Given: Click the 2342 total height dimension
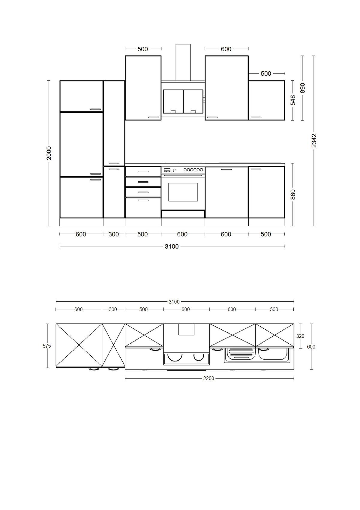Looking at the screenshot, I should point(314,140).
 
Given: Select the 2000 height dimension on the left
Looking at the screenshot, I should point(49,153).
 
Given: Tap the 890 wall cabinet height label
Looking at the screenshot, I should point(302,88).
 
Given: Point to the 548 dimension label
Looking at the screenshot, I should point(293,100).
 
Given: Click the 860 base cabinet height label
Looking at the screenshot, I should point(293,194).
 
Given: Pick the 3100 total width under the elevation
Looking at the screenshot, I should point(172,246).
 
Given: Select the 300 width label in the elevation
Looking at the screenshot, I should point(113,234).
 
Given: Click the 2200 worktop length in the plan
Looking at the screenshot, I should point(208,379).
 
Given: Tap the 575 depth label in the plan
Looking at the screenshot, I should point(47,346).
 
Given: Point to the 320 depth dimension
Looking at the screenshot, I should point(300,336).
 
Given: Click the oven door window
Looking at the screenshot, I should point(183,192).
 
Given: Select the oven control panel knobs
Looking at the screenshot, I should point(193,170).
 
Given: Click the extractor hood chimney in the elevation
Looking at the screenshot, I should point(183,62).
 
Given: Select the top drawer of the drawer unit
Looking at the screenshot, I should point(143,172).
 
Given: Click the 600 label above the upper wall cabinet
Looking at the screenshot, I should point(226,49).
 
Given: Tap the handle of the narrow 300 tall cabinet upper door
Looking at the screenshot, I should point(114,163).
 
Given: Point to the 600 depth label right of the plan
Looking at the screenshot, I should point(311,347).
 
